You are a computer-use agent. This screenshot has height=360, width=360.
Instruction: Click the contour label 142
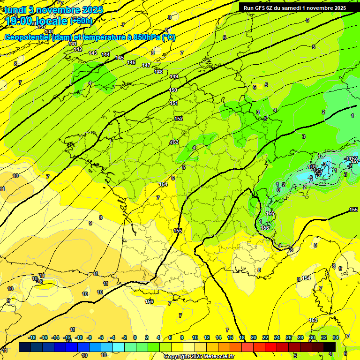pyautogui.click(x=78, y=49)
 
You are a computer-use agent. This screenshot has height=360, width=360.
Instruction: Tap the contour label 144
pyautogui.click(x=105, y=54)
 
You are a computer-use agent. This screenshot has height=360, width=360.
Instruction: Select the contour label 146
pyautogui.click(x=131, y=62)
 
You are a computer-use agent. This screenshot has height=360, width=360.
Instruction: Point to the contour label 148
pyautogui.click(x=159, y=71)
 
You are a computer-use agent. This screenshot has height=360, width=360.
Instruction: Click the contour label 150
pyautogui.click(x=173, y=90)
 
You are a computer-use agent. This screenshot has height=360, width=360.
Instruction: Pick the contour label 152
pyautogui.click(x=179, y=119)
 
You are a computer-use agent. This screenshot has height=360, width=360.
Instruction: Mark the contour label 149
pyautogui.click(x=174, y=76)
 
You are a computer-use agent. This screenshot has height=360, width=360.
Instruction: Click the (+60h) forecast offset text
pyautogui.click(x=81, y=21)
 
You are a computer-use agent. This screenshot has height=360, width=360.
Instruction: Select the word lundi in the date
pyautogui.click(x=15, y=9)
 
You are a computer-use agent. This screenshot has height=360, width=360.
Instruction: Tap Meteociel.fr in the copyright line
pyautogui.click(x=218, y=356)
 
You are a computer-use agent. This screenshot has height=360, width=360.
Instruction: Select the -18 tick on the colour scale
pyautogui.click(x=32, y=337)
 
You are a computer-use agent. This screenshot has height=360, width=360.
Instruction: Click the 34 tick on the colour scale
pyautogui.click(x=336, y=337)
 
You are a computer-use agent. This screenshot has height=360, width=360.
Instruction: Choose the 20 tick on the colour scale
pyautogui.click(x=254, y=337)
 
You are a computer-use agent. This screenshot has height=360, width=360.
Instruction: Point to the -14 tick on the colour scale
pyautogui.click(x=55, y=337)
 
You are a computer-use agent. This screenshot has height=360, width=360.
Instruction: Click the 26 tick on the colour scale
pyautogui.click(x=289, y=337)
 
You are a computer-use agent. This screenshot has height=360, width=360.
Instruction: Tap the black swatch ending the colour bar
pyautogui.click(x=330, y=347)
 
